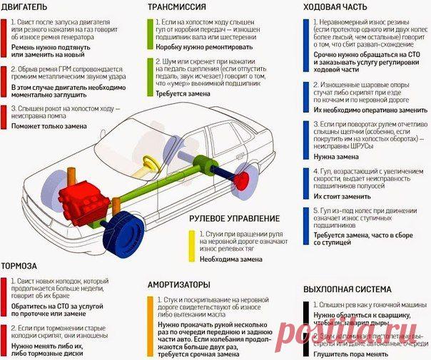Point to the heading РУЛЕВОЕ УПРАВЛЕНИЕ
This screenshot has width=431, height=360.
pyautogui.click(x=235, y=218)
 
